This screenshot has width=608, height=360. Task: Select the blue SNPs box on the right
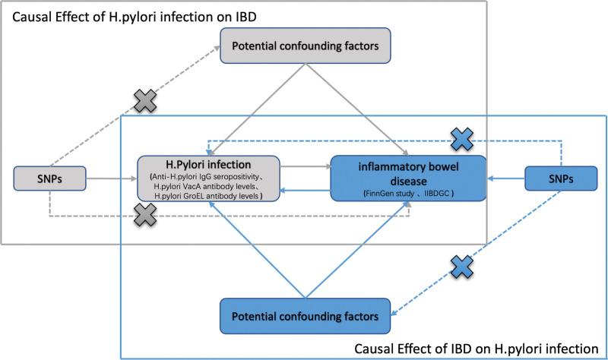point(556,178)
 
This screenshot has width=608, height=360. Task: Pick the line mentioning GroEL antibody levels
point(207,196)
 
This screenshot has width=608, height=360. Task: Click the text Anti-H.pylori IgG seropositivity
point(209,176)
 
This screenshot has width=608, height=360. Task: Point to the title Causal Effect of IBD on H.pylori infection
point(476,348)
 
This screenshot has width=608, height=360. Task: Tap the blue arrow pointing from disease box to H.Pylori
point(306,192)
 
